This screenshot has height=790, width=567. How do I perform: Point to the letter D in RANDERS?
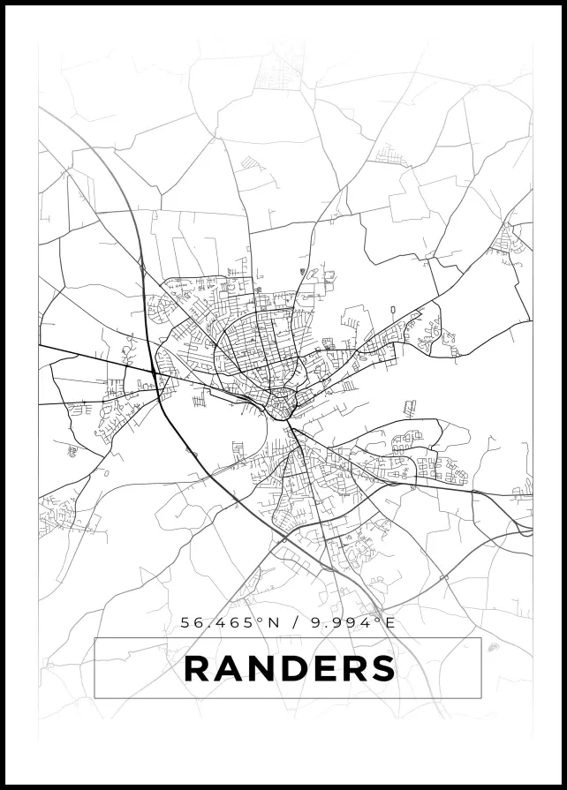[298, 668]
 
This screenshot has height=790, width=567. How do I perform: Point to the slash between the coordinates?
[293, 622]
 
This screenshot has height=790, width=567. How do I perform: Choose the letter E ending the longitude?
[389, 622]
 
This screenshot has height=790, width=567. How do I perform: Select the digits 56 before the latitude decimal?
[192, 622]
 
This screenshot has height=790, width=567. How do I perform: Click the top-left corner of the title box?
[94, 638]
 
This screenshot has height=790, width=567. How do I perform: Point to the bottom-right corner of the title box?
[481, 698]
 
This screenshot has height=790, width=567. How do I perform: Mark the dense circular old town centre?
[283, 404]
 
